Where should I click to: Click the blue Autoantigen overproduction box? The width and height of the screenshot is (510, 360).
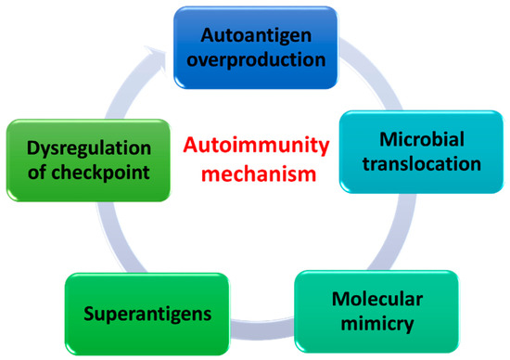pos(255,45)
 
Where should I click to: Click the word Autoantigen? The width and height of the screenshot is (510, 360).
pos(255,34)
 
